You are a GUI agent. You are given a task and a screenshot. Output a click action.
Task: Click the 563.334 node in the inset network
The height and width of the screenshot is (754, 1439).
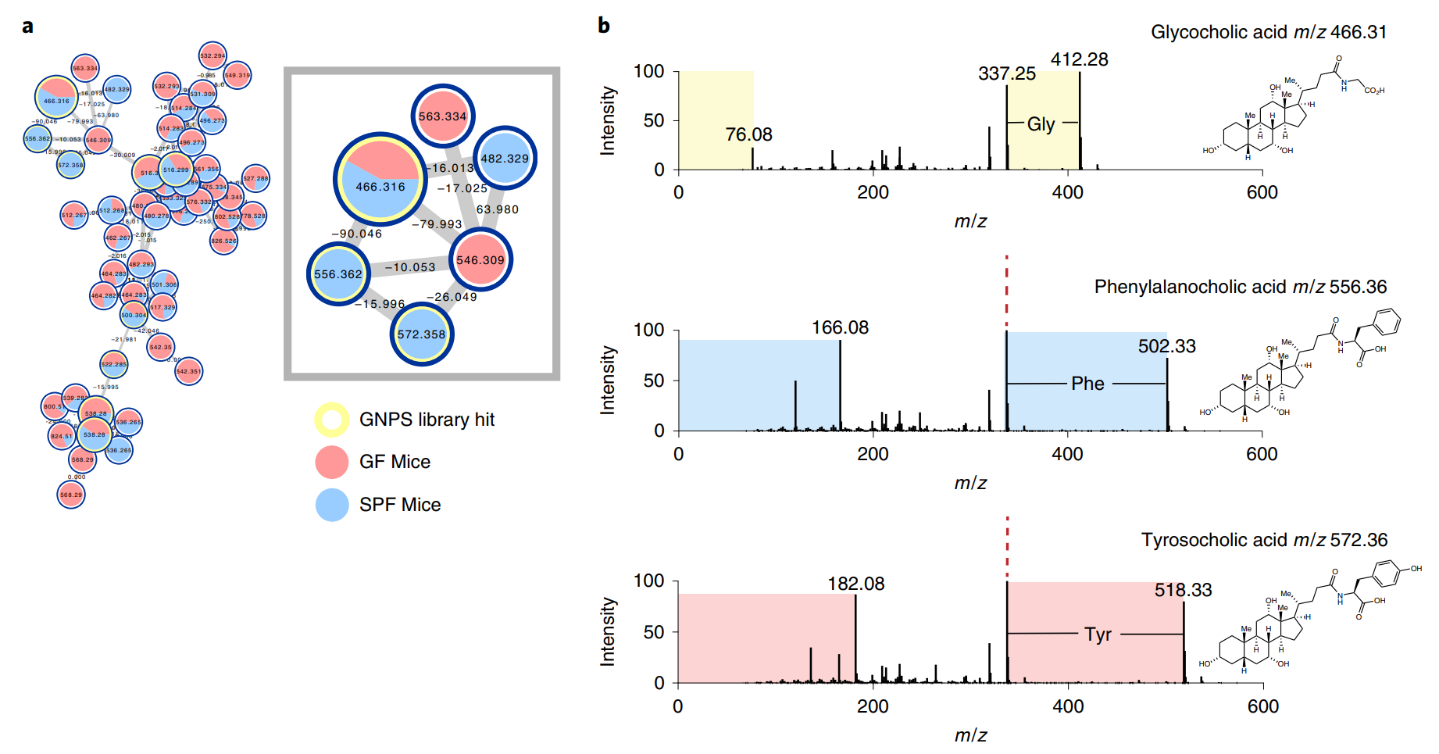point(443,116)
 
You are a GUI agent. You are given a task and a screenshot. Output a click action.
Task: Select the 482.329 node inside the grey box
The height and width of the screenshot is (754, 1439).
point(505,158)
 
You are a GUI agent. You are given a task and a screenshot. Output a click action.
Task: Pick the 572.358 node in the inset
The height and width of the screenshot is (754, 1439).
point(421,334)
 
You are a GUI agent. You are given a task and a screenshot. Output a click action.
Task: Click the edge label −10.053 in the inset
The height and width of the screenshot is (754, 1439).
point(410,267)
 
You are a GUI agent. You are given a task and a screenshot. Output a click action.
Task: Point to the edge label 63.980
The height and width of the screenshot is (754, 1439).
point(498,209)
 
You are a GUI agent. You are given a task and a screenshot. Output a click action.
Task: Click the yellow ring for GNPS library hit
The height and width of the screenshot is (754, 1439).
point(332,420)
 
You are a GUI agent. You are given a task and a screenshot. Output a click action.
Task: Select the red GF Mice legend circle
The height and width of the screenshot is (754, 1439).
point(332,462)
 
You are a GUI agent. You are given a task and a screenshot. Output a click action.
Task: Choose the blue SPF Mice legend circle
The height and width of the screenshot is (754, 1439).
point(332,505)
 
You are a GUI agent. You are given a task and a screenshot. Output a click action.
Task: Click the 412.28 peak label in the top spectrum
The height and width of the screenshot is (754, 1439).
point(1079,59)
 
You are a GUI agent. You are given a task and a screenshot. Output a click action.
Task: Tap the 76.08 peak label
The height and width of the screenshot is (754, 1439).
point(748,134)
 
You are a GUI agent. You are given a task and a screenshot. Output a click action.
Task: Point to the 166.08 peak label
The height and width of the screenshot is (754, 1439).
point(840,327)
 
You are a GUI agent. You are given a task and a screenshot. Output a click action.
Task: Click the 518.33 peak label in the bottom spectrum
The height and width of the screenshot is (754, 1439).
point(1183,590)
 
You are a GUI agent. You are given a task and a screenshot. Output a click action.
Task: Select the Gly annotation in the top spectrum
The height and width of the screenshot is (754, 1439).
point(1041,124)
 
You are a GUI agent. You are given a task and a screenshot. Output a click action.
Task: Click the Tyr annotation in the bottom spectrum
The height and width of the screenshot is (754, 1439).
point(1098,634)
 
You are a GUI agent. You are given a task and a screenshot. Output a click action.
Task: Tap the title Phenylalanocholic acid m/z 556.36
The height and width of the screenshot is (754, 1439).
point(1240,287)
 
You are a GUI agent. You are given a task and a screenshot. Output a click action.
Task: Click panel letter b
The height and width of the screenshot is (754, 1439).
point(604,26)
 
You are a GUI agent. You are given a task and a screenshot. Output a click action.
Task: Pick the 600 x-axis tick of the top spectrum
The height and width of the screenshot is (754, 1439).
point(1262,192)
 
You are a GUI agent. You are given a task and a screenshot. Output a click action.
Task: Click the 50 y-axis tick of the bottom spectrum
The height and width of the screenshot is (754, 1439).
point(654,632)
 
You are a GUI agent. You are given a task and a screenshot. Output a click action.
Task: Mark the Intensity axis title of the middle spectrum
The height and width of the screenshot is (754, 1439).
point(608,381)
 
